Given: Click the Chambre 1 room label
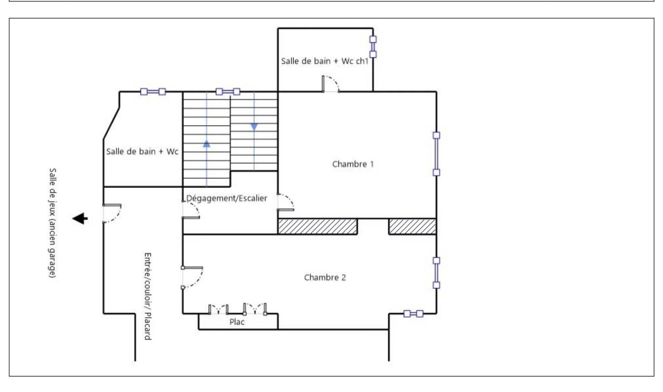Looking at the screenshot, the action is click(x=353, y=164).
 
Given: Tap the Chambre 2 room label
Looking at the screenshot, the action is click(x=325, y=277).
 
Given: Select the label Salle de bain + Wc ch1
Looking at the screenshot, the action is click(x=325, y=61).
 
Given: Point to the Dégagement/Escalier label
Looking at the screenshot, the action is click(x=226, y=198).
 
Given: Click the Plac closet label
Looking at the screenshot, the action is click(x=237, y=322).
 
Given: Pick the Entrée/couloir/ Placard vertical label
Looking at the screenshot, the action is click(x=148, y=296).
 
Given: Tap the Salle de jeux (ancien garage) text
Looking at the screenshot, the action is click(x=52, y=223).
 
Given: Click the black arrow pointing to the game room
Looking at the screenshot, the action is click(x=80, y=219).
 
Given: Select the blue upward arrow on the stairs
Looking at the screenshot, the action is click(x=207, y=144).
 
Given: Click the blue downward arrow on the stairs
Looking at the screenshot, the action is click(x=254, y=127).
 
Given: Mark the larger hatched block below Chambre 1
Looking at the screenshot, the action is click(x=317, y=227).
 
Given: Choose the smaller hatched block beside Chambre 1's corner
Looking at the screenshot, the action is click(x=412, y=227).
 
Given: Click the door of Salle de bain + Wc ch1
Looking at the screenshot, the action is click(x=331, y=84).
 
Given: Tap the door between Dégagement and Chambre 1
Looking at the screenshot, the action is click(x=286, y=202).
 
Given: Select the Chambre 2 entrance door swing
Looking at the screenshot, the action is click(x=192, y=277).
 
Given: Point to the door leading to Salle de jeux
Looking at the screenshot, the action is click(x=112, y=213).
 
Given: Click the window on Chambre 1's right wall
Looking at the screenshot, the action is click(x=436, y=154).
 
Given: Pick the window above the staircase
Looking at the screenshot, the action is click(x=227, y=92).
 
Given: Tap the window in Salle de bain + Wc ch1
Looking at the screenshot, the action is click(x=373, y=47).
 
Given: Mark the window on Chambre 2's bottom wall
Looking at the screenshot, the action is click(x=414, y=314).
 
